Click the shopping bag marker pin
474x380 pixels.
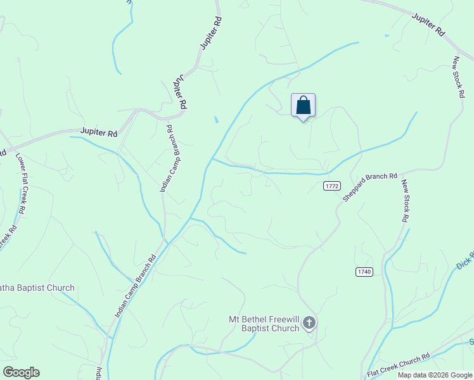303,106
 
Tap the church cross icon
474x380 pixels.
309,324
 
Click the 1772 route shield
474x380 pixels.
332,186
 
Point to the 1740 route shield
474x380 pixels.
364,272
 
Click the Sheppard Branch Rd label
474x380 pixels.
370,187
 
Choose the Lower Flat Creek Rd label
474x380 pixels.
20,184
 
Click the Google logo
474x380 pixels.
21,372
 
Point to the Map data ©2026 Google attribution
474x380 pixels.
435,375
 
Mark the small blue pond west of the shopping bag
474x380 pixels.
216,119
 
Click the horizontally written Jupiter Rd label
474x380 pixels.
99,133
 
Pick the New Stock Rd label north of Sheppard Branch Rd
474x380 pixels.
458,77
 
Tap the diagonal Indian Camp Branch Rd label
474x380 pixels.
136,286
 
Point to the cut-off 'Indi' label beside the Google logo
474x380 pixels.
99,372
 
